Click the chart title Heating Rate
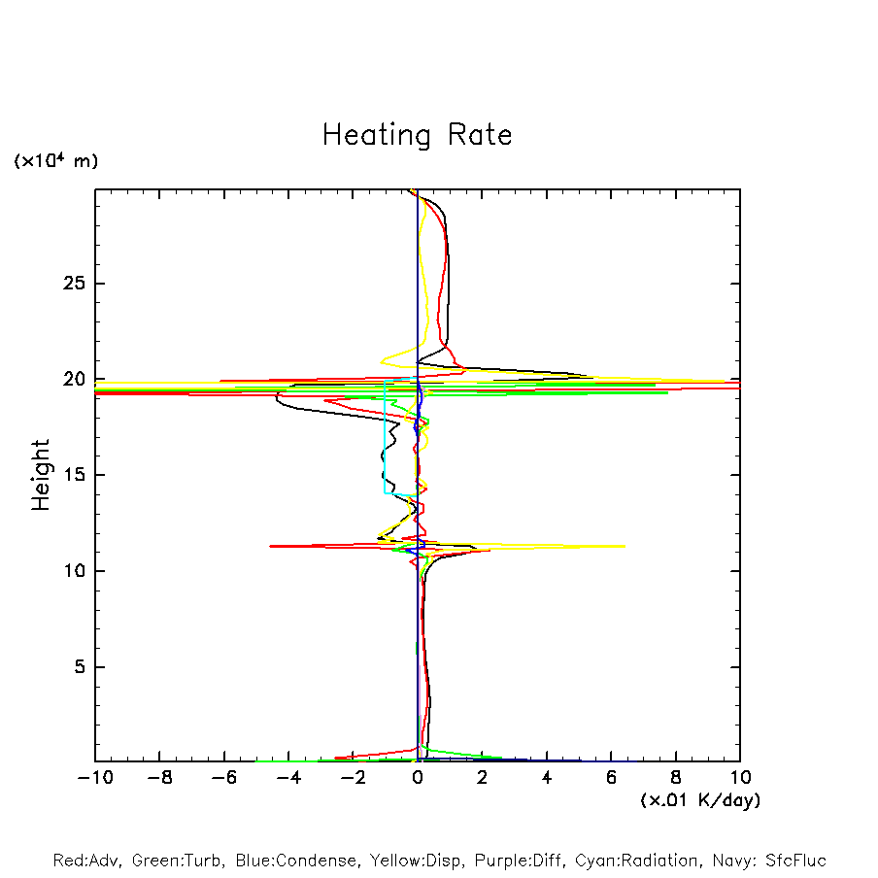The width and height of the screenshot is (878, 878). (x=417, y=134)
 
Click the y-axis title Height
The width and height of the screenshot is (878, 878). (x=40, y=475)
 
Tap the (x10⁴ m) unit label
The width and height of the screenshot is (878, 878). (x=55, y=161)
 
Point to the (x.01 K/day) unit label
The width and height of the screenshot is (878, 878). (x=699, y=800)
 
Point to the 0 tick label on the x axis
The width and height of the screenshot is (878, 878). (x=418, y=778)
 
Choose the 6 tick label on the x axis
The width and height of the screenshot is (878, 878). (x=611, y=778)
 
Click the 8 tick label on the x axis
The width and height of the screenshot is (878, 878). (x=676, y=778)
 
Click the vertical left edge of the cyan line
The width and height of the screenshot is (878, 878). (x=385, y=437)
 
